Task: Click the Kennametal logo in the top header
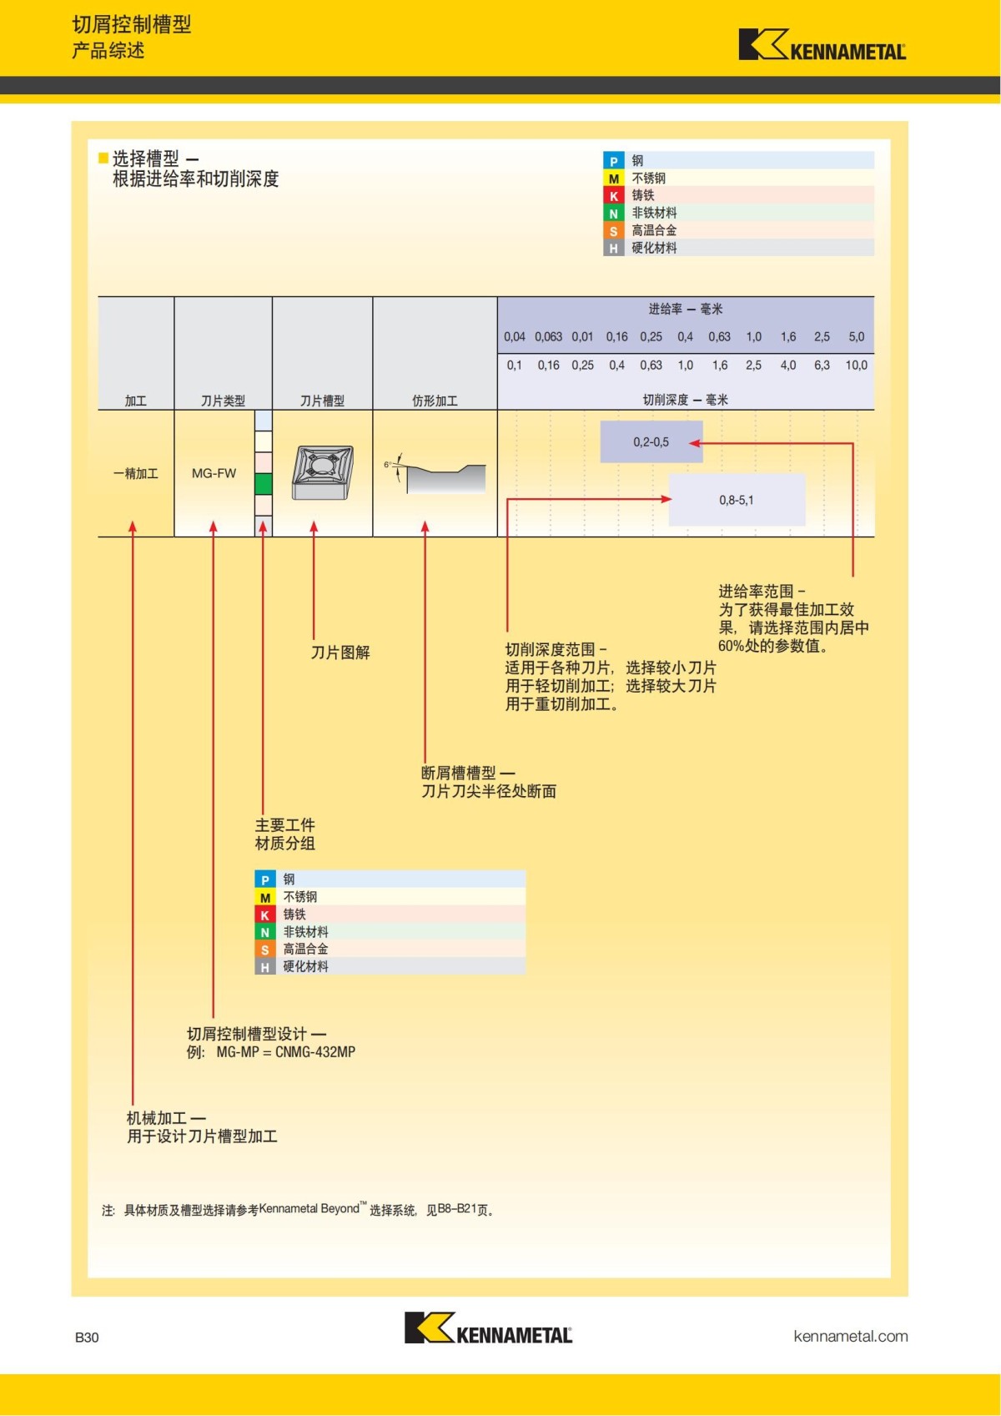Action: tap(822, 46)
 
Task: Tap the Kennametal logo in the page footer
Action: tap(488, 1328)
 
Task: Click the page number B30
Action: tap(87, 1337)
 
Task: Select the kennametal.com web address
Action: tap(850, 1336)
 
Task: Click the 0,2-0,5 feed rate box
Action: tap(651, 442)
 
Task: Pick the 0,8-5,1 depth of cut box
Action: tap(737, 500)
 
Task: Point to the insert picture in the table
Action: tap(322, 472)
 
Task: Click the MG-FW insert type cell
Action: tap(214, 473)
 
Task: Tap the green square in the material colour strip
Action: tap(264, 484)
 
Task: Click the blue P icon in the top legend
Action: tap(613, 161)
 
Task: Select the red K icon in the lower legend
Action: tap(264, 915)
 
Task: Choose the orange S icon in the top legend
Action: tap(613, 231)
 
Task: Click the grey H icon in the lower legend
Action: tap(264, 967)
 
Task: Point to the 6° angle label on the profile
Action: tap(388, 464)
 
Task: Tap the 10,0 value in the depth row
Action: tap(856, 365)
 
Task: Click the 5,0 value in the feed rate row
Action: tap(856, 337)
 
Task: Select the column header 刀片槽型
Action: tap(322, 401)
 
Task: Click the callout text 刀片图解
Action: tap(340, 653)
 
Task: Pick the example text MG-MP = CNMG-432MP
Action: tap(285, 1052)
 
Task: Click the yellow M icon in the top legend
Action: tap(613, 179)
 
